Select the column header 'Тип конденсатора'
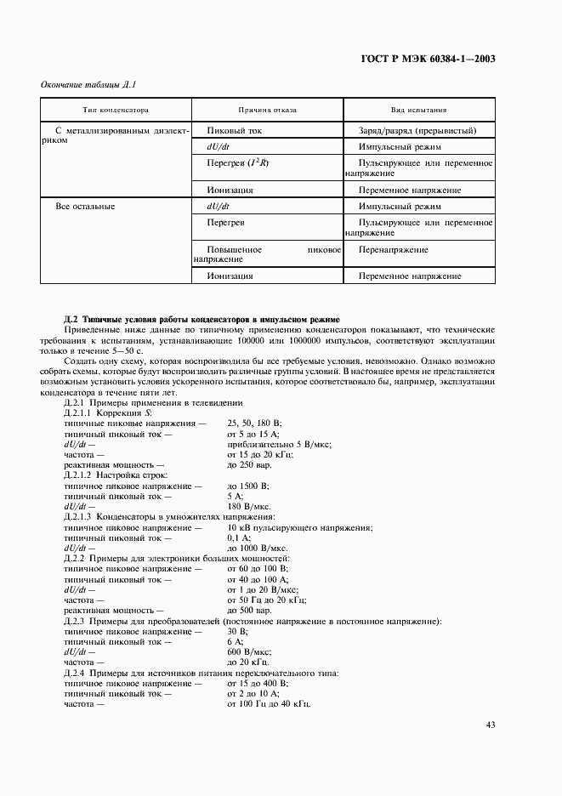116,111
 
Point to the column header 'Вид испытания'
418,111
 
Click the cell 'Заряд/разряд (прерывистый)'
417,131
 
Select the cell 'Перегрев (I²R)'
237,162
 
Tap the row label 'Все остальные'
85,206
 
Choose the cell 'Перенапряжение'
393,250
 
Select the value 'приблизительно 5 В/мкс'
279,444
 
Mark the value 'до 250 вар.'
249,465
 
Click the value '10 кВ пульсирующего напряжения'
299,527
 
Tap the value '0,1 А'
239,537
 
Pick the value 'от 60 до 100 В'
258,568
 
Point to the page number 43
490,725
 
